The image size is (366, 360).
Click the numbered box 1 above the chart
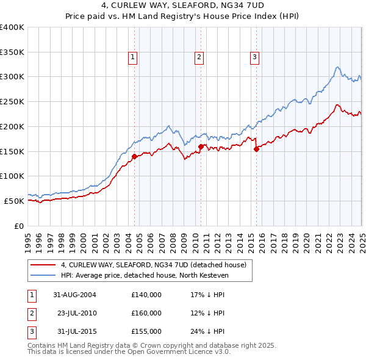132,58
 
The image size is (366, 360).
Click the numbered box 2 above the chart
199,58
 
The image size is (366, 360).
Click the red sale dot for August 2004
134,156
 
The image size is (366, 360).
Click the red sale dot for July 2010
201,146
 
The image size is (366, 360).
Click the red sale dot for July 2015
256,148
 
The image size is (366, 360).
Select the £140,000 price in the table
146,294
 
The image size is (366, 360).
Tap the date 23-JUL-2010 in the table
77,313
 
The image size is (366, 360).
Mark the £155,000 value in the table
146,332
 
